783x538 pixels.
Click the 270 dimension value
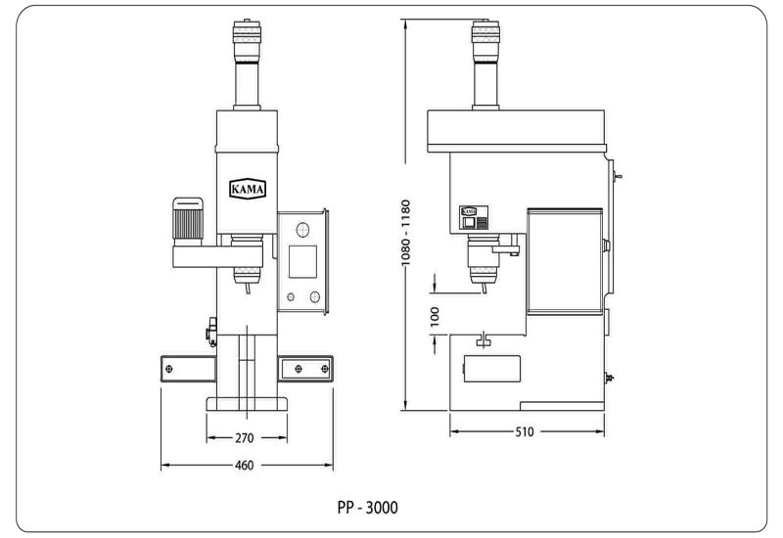point(244,438)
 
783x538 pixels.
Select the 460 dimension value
point(244,466)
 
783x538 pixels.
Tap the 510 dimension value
point(525,431)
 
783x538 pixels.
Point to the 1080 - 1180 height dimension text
point(405,233)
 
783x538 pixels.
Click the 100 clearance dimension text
point(435,317)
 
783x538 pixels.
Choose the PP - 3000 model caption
point(368,508)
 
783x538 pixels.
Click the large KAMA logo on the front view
point(248,189)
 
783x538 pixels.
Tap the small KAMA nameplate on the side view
point(469,211)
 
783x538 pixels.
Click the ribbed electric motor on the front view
point(188,221)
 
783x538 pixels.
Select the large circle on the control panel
point(302,230)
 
